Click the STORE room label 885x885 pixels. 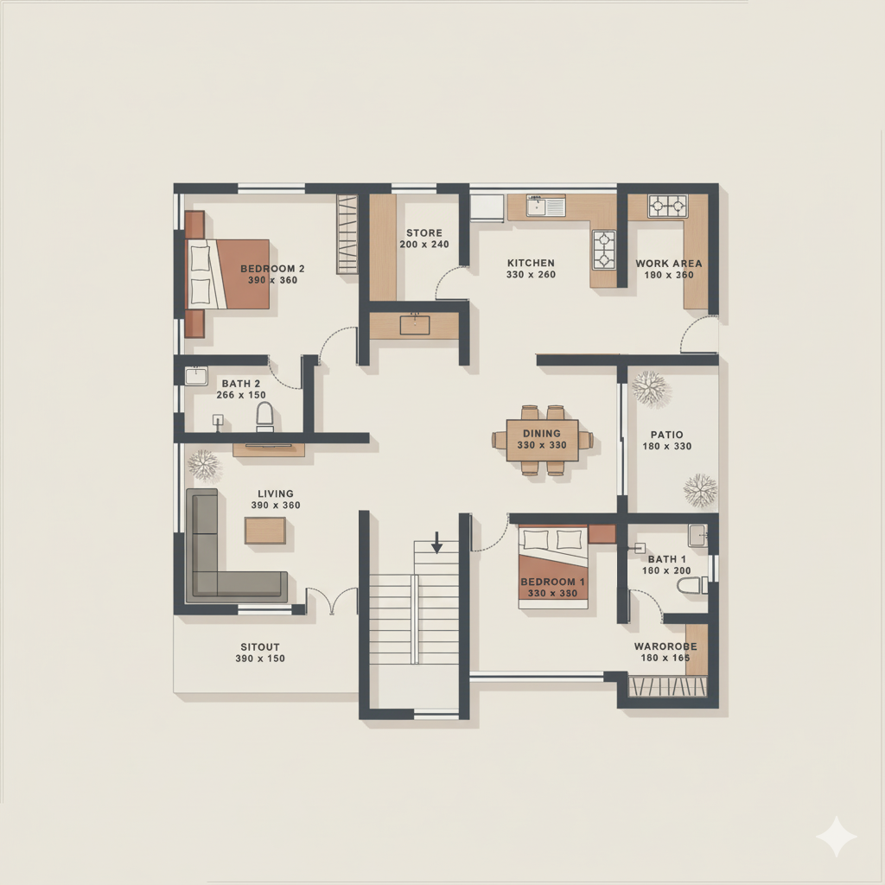[424, 232]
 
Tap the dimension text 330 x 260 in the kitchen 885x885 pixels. [531, 274]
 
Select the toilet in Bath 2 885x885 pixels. [264, 417]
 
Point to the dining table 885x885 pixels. [542, 440]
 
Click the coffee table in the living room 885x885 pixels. [265, 531]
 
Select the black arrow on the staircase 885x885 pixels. [436, 542]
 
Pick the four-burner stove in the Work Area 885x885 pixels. [668, 206]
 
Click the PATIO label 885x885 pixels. [666, 435]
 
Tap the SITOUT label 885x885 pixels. [259, 646]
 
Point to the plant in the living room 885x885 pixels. [204, 464]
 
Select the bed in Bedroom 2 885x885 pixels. [227, 274]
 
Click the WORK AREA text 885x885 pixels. [668, 263]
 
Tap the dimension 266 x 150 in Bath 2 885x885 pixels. [241, 395]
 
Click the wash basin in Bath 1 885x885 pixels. [697, 535]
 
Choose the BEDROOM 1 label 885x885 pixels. [552, 582]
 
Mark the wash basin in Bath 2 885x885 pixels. [196, 376]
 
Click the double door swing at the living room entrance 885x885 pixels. [332, 601]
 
